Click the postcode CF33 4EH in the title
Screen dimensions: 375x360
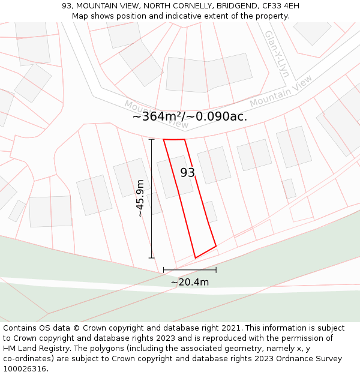pos(280,6)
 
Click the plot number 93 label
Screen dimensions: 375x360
pos(188,173)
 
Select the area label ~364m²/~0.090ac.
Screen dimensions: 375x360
pos(190,116)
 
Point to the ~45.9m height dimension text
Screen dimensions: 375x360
pos(140,198)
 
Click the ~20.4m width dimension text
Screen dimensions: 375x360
pos(190,282)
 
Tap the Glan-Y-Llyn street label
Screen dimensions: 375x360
pos(277,54)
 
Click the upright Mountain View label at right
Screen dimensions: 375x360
pos(281,91)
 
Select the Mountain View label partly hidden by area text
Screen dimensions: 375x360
pos(156,114)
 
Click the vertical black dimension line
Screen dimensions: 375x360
pos(151,198)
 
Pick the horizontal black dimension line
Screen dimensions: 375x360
pos(190,270)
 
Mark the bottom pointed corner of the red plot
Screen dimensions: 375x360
pos(196,258)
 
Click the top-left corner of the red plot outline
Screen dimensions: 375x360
pos(164,140)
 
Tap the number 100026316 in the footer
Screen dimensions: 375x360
pos(24,369)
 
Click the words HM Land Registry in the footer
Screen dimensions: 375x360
pos(34,349)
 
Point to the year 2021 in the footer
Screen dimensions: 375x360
pos(230,328)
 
